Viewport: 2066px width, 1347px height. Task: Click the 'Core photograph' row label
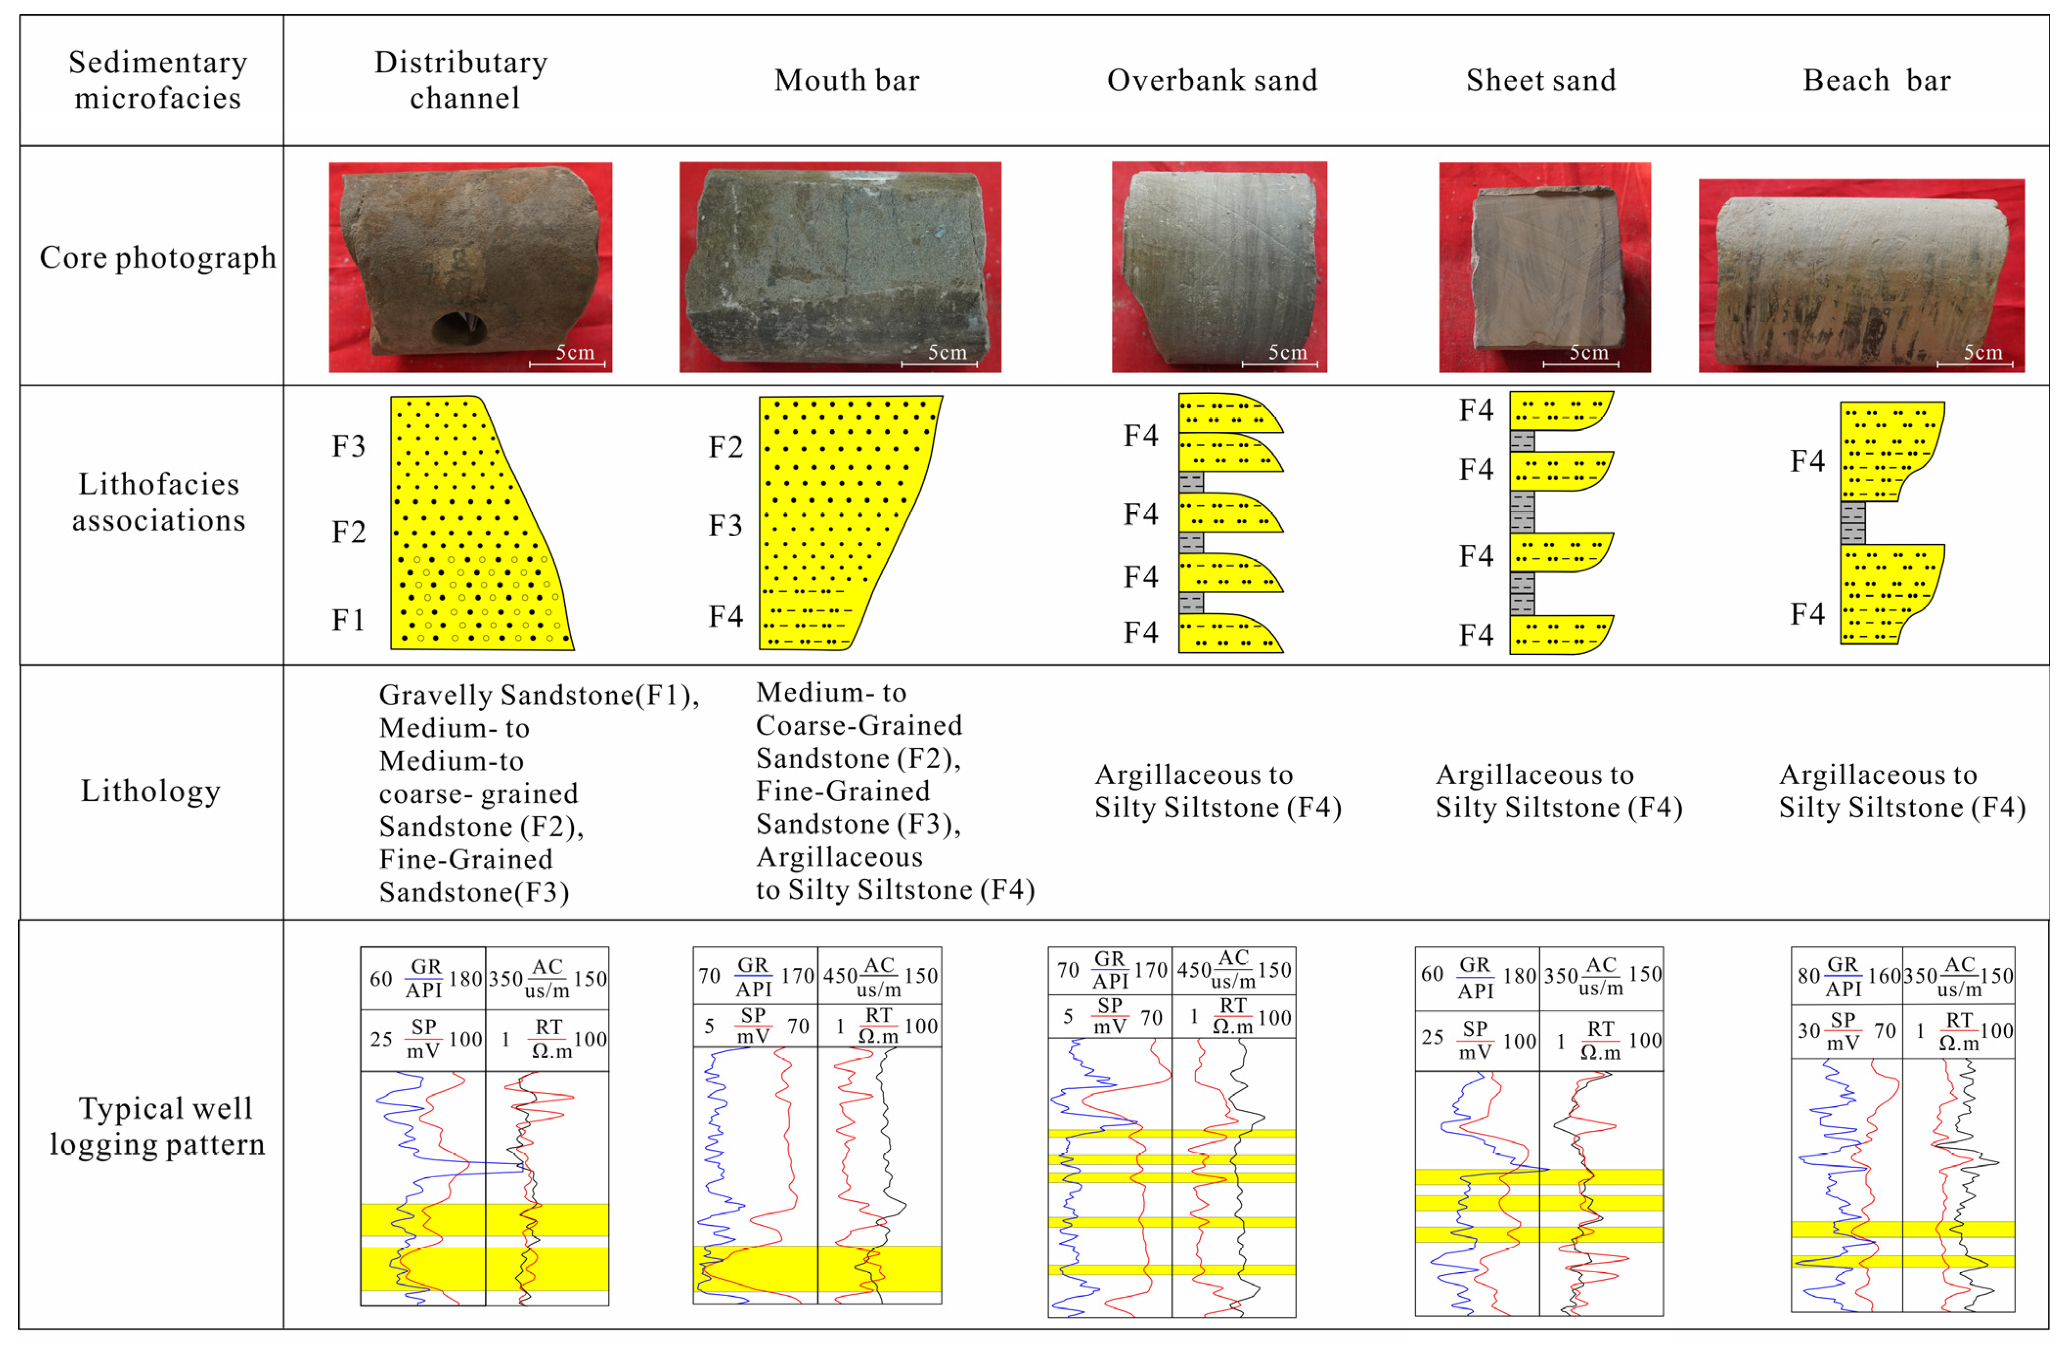click(158, 258)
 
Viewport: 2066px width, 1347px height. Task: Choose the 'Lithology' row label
click(151, 791)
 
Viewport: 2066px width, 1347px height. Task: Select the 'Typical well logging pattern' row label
click(158, 1126)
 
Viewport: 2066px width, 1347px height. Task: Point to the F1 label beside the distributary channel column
click(348, 620)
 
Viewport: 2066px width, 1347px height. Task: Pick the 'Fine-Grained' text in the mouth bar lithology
click(842, 791)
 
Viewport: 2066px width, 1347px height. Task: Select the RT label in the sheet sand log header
click(1601, 1029)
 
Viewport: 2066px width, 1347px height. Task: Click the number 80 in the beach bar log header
click(1808, 976)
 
